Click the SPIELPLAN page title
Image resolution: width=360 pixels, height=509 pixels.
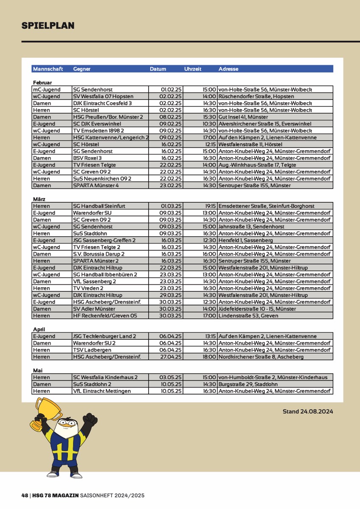coord(48,25)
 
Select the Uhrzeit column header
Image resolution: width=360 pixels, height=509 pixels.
coord(193,69)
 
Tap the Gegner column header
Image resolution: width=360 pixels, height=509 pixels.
coord(82,69)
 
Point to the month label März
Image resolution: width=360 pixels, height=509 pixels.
coord(39,199)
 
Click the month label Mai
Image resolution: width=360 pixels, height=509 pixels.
coord(37,370)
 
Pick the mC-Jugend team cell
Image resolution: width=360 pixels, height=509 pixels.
coord(47,89)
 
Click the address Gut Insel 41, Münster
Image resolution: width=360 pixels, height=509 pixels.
coord(243,117)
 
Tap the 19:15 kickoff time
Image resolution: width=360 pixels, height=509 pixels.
coord(210,206)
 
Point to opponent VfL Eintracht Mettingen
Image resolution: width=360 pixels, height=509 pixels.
coord(102,391)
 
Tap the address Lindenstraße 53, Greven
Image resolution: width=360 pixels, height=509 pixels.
coord(248,316)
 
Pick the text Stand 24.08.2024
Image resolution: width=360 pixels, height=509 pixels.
coord(308,411)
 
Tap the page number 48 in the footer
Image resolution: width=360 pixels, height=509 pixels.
coord(25,495)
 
